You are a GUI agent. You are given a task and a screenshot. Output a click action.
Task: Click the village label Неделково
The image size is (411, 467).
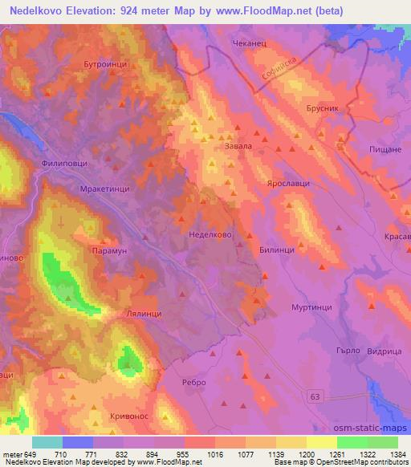point(210,237)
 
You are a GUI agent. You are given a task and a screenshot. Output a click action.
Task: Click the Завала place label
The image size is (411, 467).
point(238,146)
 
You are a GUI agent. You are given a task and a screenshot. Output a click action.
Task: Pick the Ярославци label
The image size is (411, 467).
point(290,184)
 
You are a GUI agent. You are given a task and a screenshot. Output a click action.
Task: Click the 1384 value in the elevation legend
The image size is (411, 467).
point(397,453)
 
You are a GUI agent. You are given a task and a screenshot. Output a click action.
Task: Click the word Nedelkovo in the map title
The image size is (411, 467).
point(41,10)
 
